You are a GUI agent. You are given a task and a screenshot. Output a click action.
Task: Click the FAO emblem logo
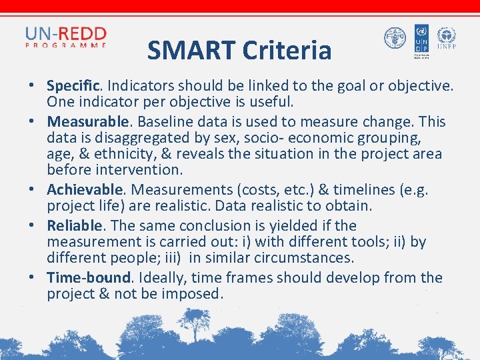point(395,38)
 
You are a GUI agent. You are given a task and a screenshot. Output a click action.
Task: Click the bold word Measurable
point(87,122)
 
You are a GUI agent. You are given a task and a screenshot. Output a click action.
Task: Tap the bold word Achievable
point(84,189)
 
